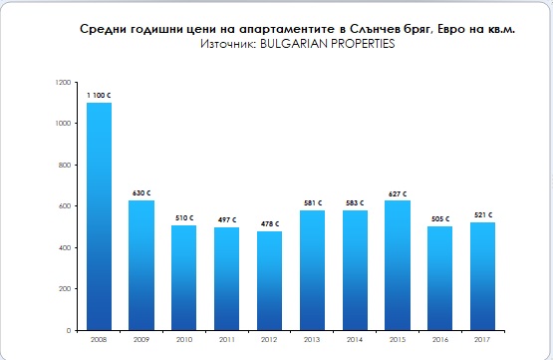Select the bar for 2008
point(99,216)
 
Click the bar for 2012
point(269,281)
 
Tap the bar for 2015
point(398,265)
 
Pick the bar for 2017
point(483,276)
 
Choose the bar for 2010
point(184,278)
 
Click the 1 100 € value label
point(99,96)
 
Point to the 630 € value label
point(141,193)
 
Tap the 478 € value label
point(270,224)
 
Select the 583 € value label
point(355,203)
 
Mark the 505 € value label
point(440,219)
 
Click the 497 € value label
point(227,219)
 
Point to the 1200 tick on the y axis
point(64,82)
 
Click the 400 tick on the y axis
point(65,247)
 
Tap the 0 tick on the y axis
point(69,331)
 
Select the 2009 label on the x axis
point(141,339)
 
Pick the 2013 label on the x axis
point(312,339)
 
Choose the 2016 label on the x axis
point(440,339)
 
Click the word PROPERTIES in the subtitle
point(363,44)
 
